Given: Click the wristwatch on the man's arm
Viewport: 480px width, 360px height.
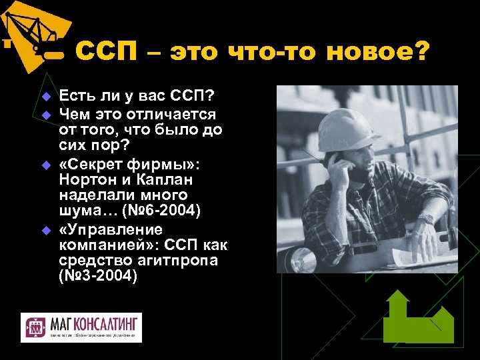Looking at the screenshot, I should [425, 218].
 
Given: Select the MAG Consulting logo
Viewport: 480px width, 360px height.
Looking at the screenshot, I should [81, 327].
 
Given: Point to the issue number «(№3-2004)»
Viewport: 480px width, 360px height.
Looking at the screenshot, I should [98, 275].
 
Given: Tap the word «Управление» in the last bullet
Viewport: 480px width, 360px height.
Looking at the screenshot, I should [110, 230].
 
